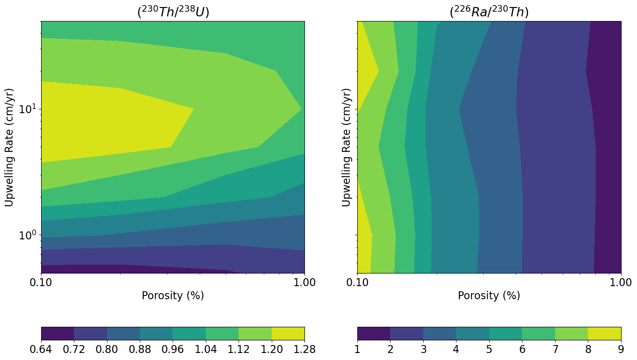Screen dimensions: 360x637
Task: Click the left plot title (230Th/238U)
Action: pyautogui.click(x=173, y=12)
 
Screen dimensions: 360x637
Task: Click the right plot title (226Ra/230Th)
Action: pyautogui.click(x=489, y=12)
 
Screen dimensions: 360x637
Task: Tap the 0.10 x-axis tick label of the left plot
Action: pyautogui.click(x=41, y=283)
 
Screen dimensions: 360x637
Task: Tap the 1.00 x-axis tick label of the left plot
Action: pyautogui.click(x=304, y=283)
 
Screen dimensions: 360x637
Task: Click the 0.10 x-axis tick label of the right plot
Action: pyautogui.click(x=357, y=283)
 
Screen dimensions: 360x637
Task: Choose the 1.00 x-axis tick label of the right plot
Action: pyautogui.click(x=621, y=283)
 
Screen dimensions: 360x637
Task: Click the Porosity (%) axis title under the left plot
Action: pyautogui.click(x=173, y=296)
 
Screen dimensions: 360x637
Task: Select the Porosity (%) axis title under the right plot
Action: pyautogui.click(x=489, y=296)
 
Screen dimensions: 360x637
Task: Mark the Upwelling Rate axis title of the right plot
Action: pyautogui.click(x=347, y=147)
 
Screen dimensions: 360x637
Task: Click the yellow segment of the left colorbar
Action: pyautogui.click(x=288, y=333)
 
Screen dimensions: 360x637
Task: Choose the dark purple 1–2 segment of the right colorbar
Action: pyautogui.click(x=374, y=333)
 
